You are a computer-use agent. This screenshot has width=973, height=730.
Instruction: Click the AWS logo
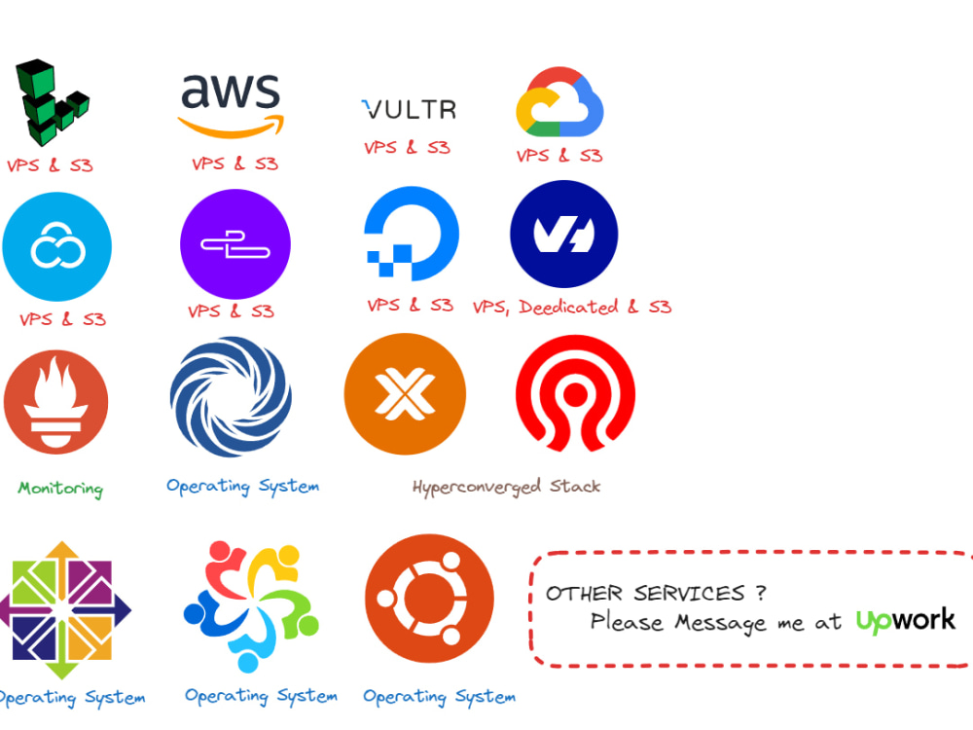point(231,105)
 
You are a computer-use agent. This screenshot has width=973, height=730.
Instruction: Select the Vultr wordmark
point(409,109)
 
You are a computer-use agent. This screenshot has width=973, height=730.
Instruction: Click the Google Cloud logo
point(559,102)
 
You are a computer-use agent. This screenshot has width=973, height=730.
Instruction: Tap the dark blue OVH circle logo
point(564,234)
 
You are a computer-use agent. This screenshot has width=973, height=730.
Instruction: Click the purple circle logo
point(235,244)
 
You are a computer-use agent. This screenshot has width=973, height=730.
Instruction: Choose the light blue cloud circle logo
point(57,246)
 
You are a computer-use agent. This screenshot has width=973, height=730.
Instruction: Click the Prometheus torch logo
point(55,402)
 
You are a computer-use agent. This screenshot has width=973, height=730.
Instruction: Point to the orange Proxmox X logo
point(405,394)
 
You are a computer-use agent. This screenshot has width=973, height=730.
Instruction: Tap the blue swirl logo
point(231,397)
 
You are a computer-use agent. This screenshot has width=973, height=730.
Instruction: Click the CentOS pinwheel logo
point(65,610)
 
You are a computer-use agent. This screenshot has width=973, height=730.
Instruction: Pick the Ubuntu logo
point(429,599)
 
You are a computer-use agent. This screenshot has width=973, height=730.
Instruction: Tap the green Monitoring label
point(60,489)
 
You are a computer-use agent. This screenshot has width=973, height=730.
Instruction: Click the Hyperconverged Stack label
point(506,487)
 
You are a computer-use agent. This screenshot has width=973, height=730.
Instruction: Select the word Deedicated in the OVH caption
point(568,307)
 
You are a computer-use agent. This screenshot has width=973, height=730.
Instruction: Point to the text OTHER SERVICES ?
point(656,594)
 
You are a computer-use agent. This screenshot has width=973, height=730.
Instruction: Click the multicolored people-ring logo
point(251,606)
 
